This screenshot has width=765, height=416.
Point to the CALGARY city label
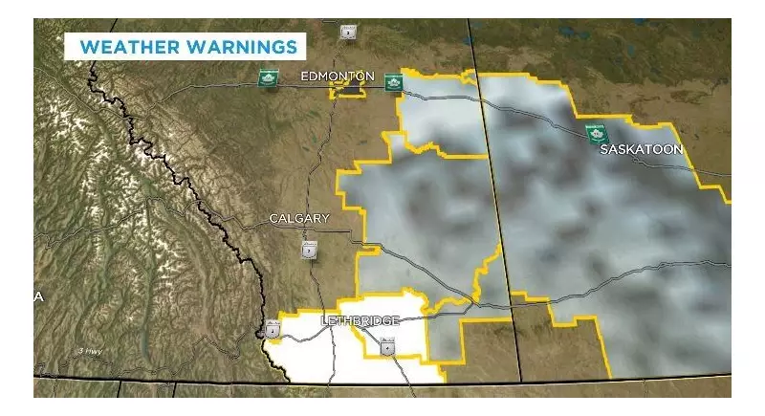point(298,218)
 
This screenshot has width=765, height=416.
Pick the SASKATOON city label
point(641,150)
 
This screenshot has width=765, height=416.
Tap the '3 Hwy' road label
point(91,352)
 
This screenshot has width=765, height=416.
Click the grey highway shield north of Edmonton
point(348,33)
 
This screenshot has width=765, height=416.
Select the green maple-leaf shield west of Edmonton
point(267,79)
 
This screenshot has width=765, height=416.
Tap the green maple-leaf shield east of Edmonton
point(392,83)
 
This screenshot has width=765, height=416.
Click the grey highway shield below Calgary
point(309,250)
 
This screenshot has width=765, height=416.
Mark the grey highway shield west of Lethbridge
point(273,330)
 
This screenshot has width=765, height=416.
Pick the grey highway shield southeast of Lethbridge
point(386,346)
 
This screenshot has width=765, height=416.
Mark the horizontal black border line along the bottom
point(574,381)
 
